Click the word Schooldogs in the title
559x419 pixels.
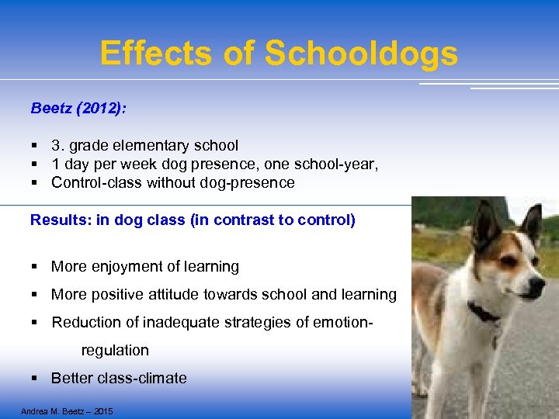tap(361, 54)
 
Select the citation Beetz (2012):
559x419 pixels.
tap(78, 108)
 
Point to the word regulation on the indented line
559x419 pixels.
tap(115, 351)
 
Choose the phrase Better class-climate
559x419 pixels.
tap(119, 379)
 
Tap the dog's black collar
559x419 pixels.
tap(484, 313)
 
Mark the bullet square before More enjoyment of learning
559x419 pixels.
tap(35, 267)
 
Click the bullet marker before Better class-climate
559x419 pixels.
tap(35, 379)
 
